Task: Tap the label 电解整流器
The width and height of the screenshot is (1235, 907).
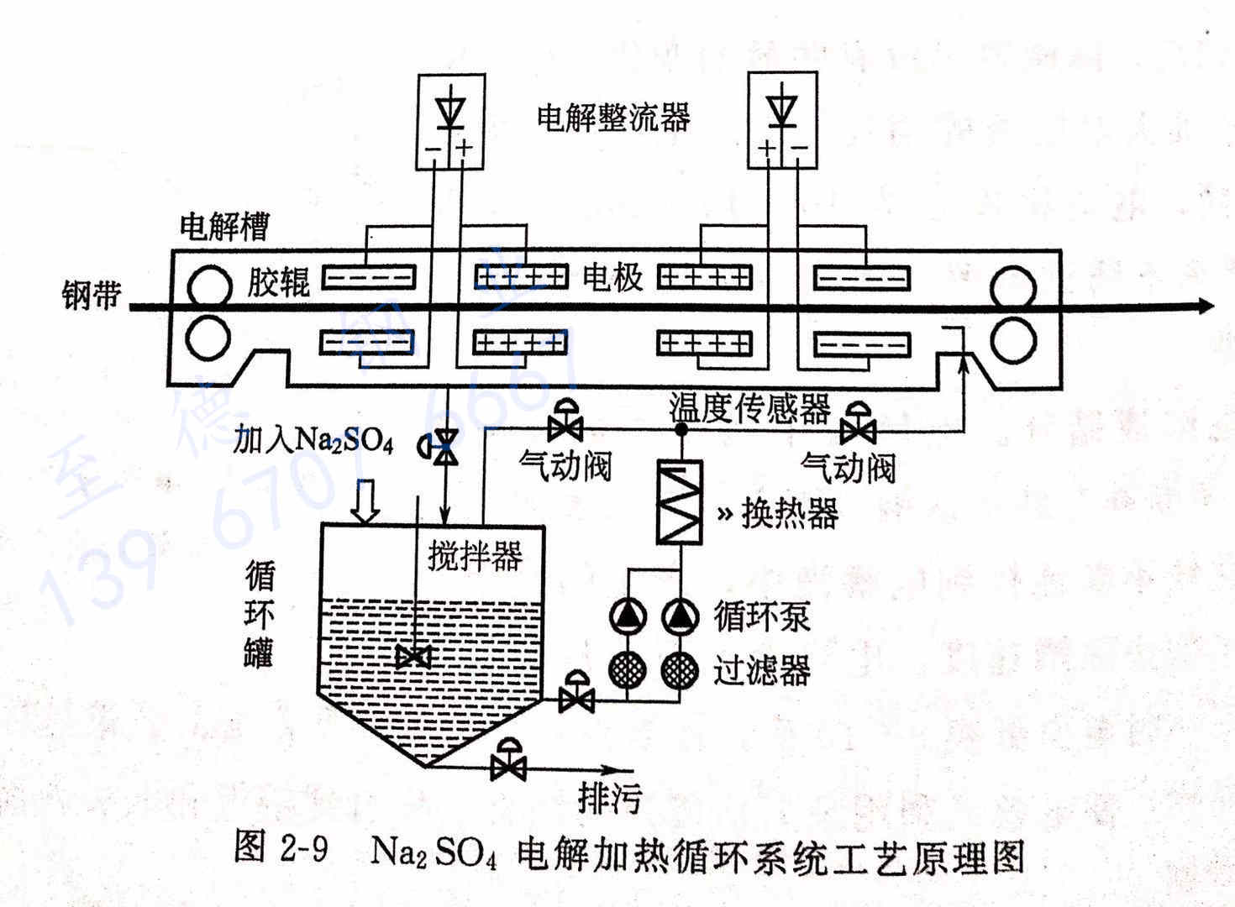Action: point(613,117)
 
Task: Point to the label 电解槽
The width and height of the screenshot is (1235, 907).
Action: point(225,226)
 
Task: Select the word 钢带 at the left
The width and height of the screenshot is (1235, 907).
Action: point(90,295)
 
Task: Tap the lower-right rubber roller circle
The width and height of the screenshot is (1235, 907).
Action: point(1012,341)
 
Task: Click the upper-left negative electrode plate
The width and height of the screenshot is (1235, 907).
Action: point(370,276)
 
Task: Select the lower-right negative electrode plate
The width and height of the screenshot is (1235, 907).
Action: point(862,344)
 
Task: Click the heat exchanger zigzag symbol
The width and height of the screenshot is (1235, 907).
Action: point(679,501)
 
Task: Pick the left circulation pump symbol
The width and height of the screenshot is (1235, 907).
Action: point(628,617)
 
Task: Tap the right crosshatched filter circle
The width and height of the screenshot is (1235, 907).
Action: point(680,669)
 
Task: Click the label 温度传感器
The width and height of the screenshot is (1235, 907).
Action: point(749,408)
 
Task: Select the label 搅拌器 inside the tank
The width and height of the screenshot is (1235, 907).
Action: point(475,555)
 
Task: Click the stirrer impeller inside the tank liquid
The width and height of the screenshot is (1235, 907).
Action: point(414,656)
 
